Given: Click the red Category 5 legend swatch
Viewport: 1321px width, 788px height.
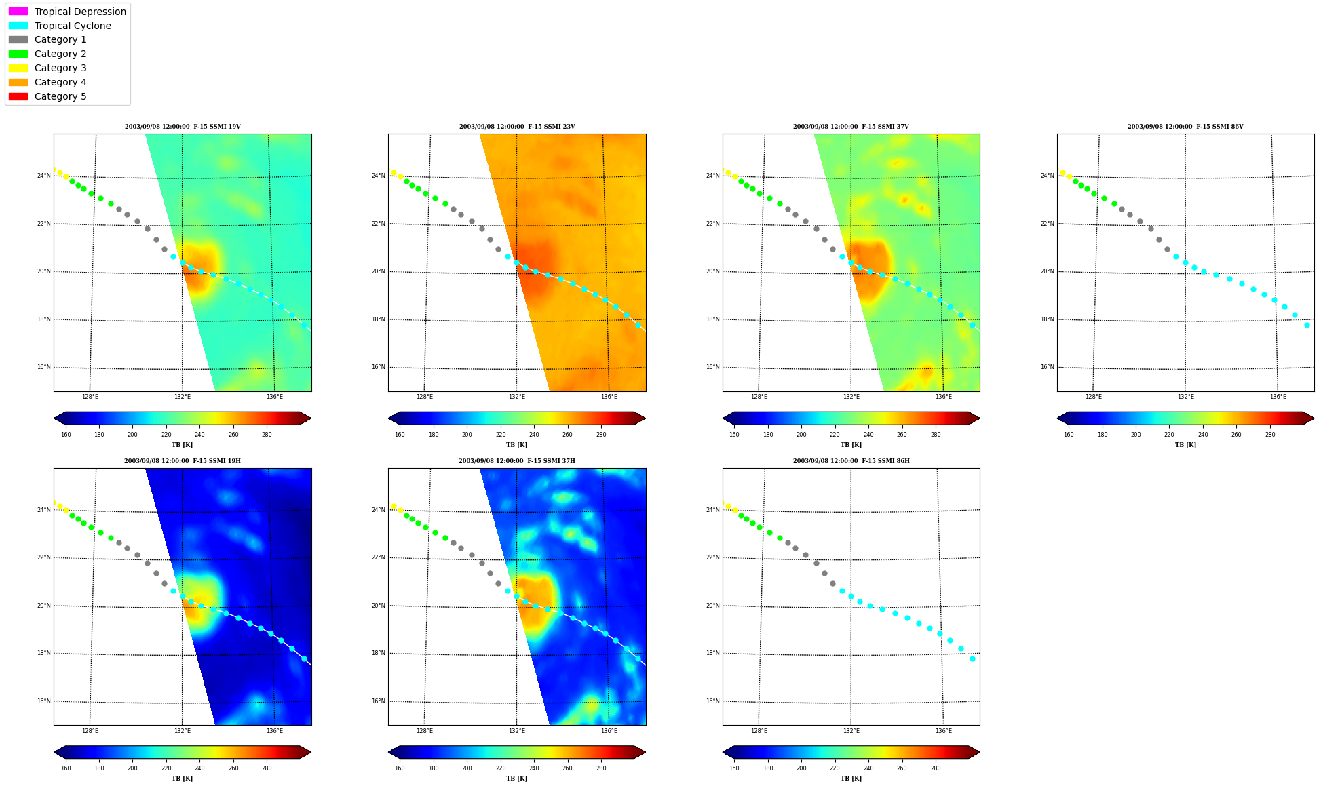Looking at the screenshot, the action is coord(18,96).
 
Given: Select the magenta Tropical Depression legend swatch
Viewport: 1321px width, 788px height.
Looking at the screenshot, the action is coord(18,12).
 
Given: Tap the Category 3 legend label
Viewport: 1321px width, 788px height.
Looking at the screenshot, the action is coord(60,68).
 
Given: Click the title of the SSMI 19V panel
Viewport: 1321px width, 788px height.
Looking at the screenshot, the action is coord(183,127).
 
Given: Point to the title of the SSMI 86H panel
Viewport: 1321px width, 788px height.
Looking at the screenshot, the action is coord(851,461).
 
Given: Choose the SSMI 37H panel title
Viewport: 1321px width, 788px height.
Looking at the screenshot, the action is coord(517,461).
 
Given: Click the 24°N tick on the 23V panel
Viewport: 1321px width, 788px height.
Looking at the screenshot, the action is coord(378,176).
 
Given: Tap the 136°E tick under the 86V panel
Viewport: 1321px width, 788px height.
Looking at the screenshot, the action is coord(1278,397).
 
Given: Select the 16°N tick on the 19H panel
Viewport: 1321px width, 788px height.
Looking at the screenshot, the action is coord(43,701).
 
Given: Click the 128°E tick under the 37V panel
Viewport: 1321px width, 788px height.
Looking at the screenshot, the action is coord(759,397).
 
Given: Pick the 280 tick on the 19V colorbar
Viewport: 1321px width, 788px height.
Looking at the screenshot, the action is coord(267,435).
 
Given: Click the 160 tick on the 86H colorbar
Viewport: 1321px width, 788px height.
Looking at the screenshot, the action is coord(734,768).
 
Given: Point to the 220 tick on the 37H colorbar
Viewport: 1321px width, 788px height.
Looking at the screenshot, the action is coord(501,768).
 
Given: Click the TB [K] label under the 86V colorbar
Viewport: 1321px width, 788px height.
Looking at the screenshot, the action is coord(1186,445).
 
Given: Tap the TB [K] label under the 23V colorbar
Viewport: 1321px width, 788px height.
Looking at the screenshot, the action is coord(517,445).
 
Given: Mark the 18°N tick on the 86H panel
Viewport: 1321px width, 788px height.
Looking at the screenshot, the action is coord(712,654).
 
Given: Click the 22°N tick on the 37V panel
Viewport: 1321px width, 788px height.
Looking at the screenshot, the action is coord(712,224).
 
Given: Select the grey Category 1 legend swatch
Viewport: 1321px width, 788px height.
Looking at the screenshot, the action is coord(18,39).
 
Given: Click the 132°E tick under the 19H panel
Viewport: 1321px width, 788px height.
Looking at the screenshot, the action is coord(183,731).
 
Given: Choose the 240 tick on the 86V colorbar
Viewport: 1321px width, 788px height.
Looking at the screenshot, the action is coord(1203,435).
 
